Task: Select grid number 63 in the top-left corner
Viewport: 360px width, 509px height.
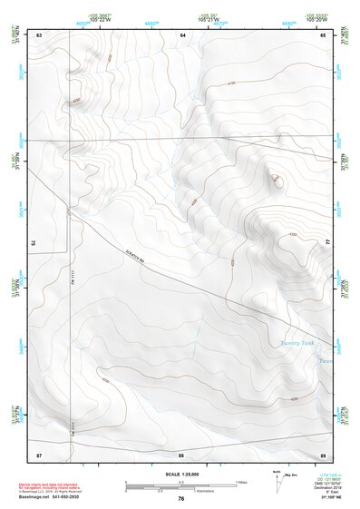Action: click(40, 34)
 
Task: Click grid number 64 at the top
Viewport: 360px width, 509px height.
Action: click(182, 34)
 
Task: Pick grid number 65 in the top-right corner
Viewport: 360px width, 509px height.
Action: click(324, 34)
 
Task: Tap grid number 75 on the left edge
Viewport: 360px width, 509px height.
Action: click(33, 242)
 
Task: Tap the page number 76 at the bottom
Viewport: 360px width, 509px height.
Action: click(181, 498)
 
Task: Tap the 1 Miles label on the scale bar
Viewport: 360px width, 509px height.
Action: click(241, 481)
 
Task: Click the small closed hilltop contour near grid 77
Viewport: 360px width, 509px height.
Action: click(275, 180)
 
